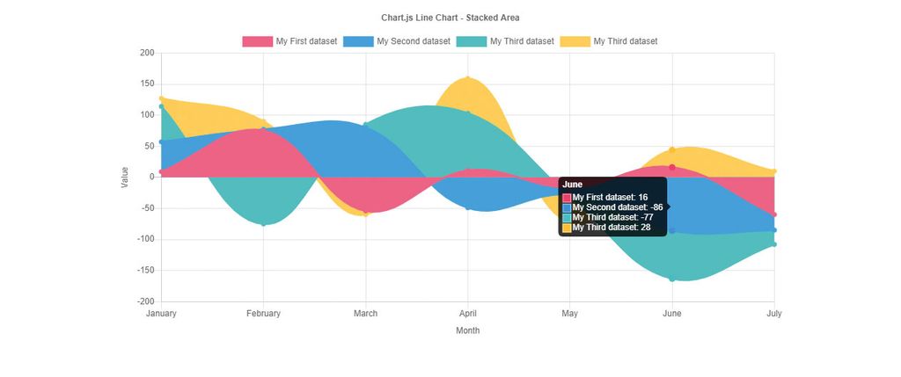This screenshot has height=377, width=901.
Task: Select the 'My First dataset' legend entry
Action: click(289, 41)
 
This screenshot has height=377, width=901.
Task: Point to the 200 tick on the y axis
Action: click(147, 54)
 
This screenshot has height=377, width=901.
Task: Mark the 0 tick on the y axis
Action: click(151, 178)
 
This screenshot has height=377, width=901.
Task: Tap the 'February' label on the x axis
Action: click(263, 314)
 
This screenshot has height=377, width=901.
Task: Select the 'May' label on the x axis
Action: click(570, 314)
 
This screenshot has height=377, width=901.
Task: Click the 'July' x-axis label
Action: click(773, 314)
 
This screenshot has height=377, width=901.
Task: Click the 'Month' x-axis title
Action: click(467, 331)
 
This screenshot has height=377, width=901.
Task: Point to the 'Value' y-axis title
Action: click(125, 177)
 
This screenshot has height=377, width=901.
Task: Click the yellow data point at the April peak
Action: click(467, 78)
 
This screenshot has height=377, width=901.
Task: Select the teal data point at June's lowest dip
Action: click(672, 279)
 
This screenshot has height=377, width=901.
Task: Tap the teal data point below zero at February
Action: click(263, 224)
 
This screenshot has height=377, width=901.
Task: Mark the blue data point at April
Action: click(468, 208)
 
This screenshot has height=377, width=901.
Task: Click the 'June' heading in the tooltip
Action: click(573, 185)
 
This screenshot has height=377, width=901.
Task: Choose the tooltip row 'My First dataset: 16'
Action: click(609, 197)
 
